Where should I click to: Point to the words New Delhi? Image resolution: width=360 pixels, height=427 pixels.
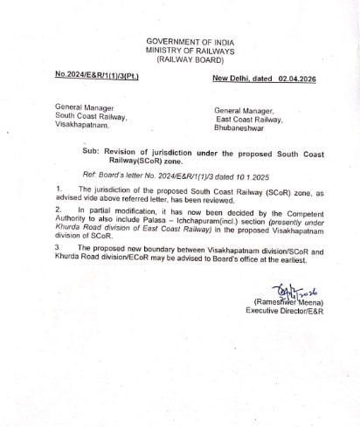coord(232,78)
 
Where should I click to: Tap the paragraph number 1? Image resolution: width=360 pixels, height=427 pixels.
coord(57,189)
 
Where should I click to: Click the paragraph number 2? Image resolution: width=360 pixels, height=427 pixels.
coord(57,211)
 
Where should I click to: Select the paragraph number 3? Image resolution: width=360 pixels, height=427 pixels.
coord(57,249)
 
